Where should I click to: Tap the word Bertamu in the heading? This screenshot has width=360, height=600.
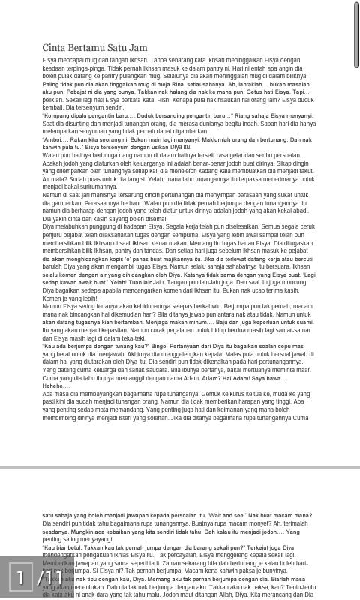click(x=91, y=48)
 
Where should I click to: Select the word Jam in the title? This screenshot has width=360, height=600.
click(x=139, y=48)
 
